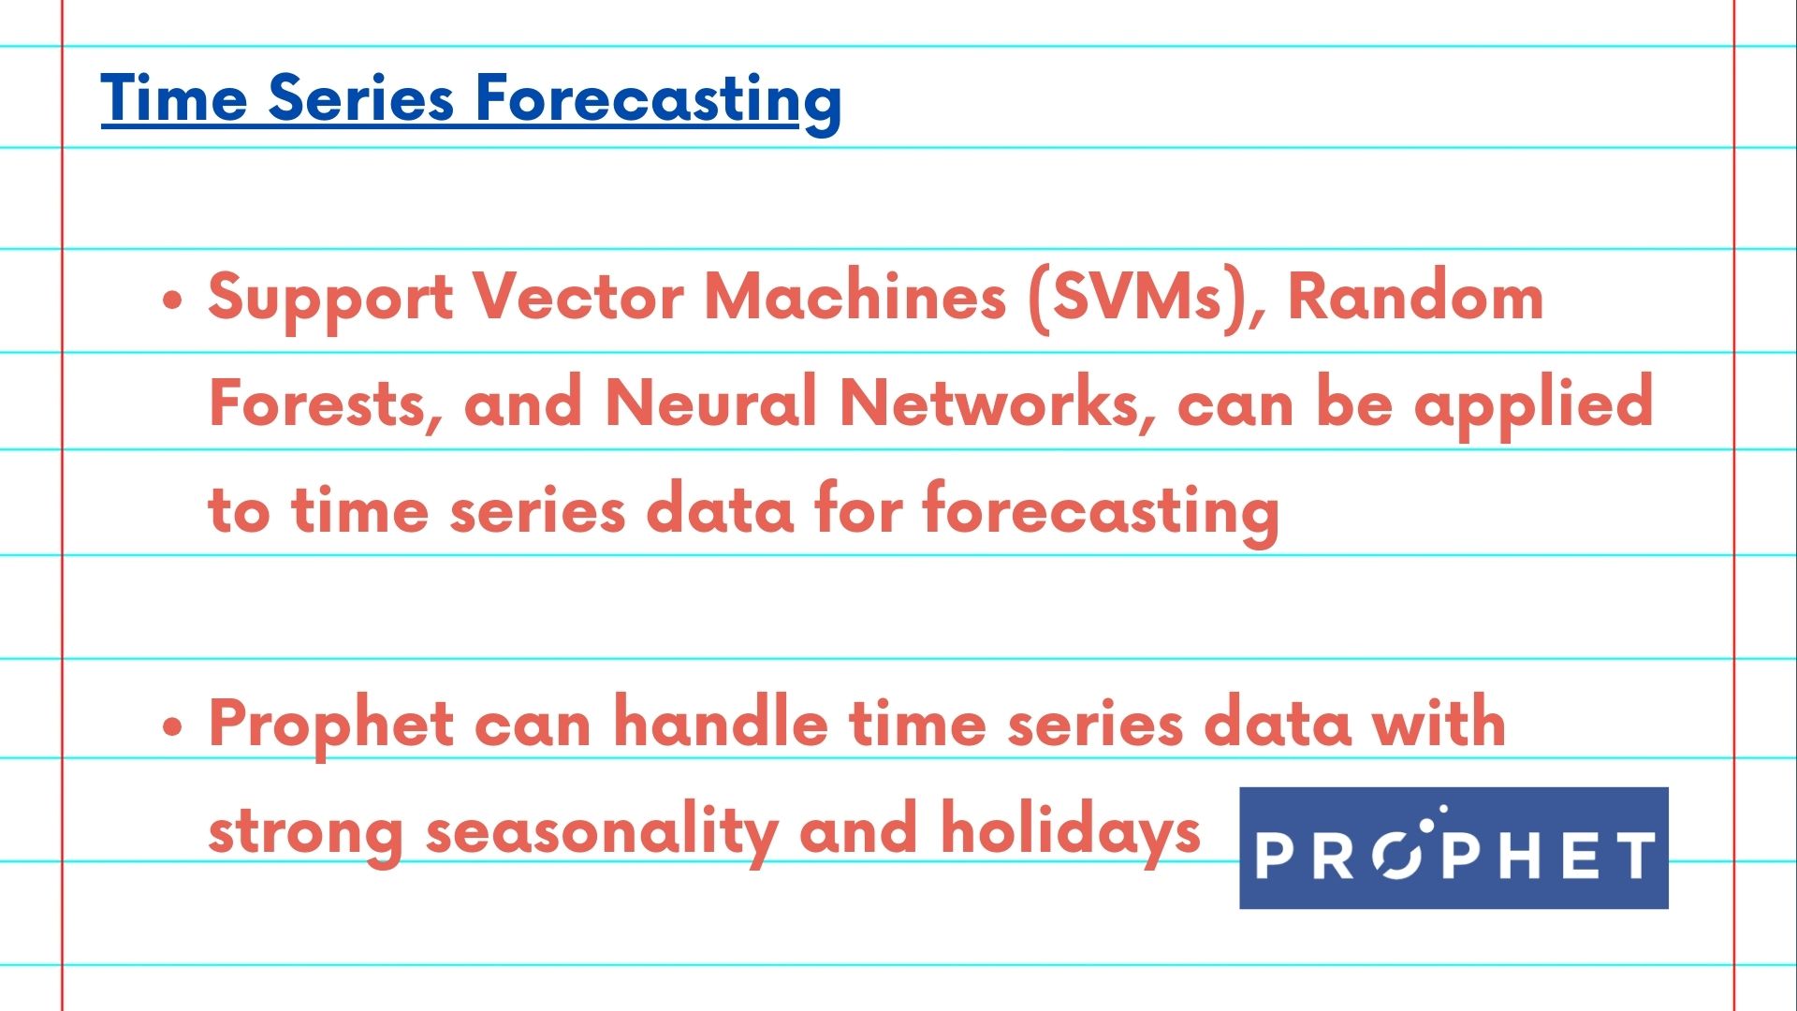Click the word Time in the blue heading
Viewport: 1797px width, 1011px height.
click(174, 97)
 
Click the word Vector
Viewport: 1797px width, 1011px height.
click(577, 297)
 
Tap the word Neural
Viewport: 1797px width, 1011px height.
click(711, 403)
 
